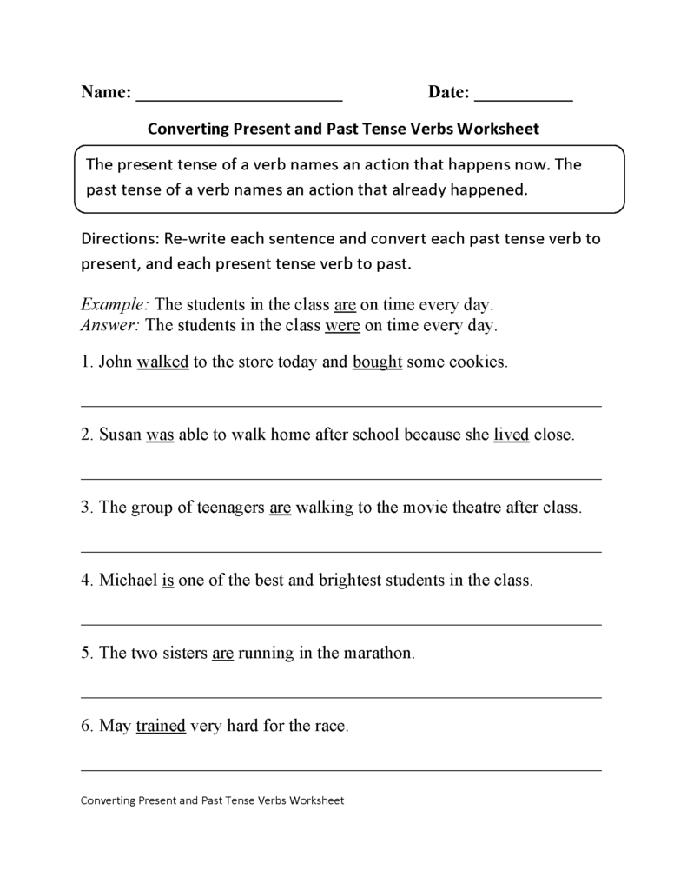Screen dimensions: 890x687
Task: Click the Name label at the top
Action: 105,92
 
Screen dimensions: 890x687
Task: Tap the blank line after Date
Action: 524,94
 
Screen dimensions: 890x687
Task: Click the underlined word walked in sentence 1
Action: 162,362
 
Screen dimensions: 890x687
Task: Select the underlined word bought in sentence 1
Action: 377,362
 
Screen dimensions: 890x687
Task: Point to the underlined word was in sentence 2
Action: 160,435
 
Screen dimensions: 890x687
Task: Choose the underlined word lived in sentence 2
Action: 512,435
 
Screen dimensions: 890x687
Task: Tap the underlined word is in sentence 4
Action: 168,580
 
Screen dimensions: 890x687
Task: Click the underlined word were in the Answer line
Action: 342,326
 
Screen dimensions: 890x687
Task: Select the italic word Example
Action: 116,306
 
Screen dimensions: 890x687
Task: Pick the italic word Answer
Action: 111,326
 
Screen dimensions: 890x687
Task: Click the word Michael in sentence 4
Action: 129,580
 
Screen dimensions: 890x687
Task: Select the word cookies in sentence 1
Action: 477,362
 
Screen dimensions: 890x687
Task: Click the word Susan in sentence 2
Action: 120,435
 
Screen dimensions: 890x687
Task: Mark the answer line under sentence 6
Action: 340,769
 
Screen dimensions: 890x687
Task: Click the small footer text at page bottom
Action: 212,800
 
